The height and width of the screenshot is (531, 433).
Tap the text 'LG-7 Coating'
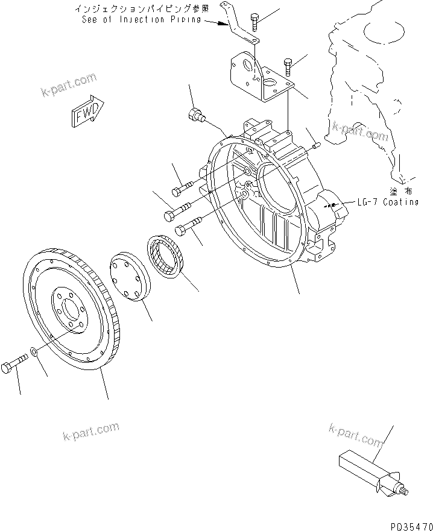point(387,202)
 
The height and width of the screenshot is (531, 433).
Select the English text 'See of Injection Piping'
point(140,19)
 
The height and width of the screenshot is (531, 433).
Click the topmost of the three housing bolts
point(182,189)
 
